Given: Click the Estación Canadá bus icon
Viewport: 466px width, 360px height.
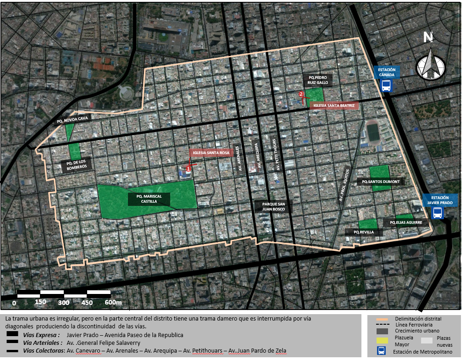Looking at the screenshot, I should coord(387,85).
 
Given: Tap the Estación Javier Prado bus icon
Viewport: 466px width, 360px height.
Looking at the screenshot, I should coord(438,213).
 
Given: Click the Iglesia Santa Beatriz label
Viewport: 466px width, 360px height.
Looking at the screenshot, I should coord(333,105).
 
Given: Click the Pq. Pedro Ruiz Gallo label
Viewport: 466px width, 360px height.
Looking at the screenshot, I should coord(317,80).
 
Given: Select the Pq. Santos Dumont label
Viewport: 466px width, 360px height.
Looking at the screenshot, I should coord(381,182).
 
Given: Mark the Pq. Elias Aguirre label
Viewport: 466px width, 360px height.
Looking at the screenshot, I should coord(405,223).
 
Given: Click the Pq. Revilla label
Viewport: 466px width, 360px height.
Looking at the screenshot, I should coord(363,233).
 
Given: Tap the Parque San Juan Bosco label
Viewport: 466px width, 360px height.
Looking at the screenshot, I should coord(273,206).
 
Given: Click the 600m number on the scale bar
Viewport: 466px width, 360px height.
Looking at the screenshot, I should coord(113,303).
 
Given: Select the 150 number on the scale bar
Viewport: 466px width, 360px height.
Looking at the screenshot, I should coord(40,303).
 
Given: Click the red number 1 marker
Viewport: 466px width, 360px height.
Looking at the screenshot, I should coord(189,169).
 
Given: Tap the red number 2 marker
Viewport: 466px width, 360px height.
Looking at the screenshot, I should coord(301,94).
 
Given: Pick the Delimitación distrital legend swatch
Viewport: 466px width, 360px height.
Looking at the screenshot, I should coord(383,319).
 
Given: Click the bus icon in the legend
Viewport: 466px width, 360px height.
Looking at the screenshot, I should coord(381,351).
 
